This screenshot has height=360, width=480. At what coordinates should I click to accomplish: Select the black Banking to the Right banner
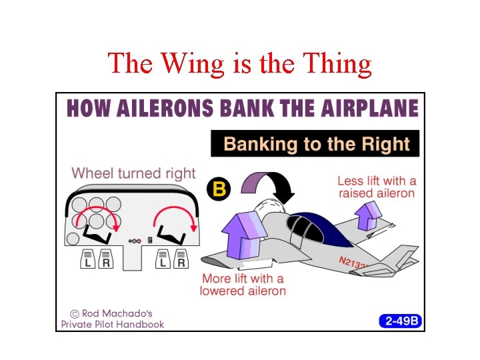(315, 143)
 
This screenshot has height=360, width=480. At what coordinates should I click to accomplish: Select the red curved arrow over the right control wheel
(176, 218)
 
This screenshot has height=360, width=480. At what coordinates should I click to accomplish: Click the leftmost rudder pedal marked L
(87, 259)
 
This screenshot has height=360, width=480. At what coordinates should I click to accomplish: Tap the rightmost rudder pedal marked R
(181, 259)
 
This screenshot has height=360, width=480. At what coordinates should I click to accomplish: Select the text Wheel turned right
(133, 173)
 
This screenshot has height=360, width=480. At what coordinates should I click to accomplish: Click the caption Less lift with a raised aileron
(377, 187)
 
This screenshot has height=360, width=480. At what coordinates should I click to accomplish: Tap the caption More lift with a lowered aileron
(243, 285)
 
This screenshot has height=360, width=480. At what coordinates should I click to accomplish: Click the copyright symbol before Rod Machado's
(75, 313)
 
